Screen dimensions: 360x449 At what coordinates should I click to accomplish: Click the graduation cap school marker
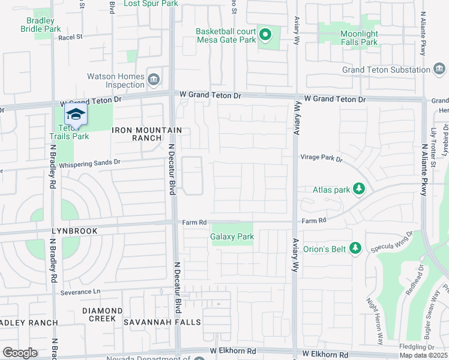pos(76,114)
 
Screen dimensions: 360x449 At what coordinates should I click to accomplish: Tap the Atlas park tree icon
pos(359,190)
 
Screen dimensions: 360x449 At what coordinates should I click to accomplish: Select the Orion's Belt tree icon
pos(355,247)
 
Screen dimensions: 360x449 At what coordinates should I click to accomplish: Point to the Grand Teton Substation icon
pos(439,70)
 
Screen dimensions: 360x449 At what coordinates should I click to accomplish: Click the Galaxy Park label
pos(232,236)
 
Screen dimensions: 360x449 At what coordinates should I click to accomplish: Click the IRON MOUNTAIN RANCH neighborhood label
pos(147,134)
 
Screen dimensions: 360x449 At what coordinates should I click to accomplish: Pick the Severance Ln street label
pos(80,292)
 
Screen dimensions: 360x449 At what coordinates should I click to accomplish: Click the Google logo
pos(20,353)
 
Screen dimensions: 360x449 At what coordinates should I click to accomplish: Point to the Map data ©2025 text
pos(424,355)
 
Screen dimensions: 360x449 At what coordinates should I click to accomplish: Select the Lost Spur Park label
pos(151,4)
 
